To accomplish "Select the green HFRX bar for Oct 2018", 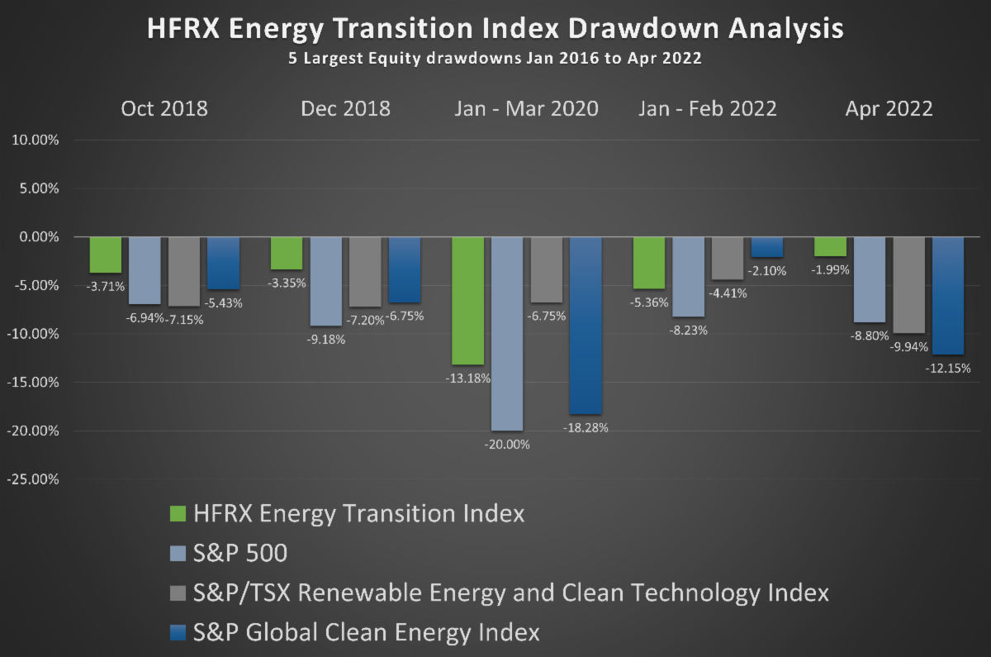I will (x=105, y=255).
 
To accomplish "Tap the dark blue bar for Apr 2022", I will (x=948, y=295).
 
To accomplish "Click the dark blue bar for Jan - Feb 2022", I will (x=766, y=247).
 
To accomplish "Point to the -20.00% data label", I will (x=507, y=444).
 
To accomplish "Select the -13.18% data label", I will (x=468, y=378).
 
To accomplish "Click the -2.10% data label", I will (x=767, y=270).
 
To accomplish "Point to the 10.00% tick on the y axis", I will (x=35, y=140).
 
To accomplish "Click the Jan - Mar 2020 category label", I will (x=526, y=109).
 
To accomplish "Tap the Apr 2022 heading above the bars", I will (x=889, y=109).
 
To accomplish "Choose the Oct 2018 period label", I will (x=164, y=109).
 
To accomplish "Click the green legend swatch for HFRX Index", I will (x=178, y=514).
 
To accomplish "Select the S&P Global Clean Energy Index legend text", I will (x=366, y=633).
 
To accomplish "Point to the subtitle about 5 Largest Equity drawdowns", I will (x=495, y=60).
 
